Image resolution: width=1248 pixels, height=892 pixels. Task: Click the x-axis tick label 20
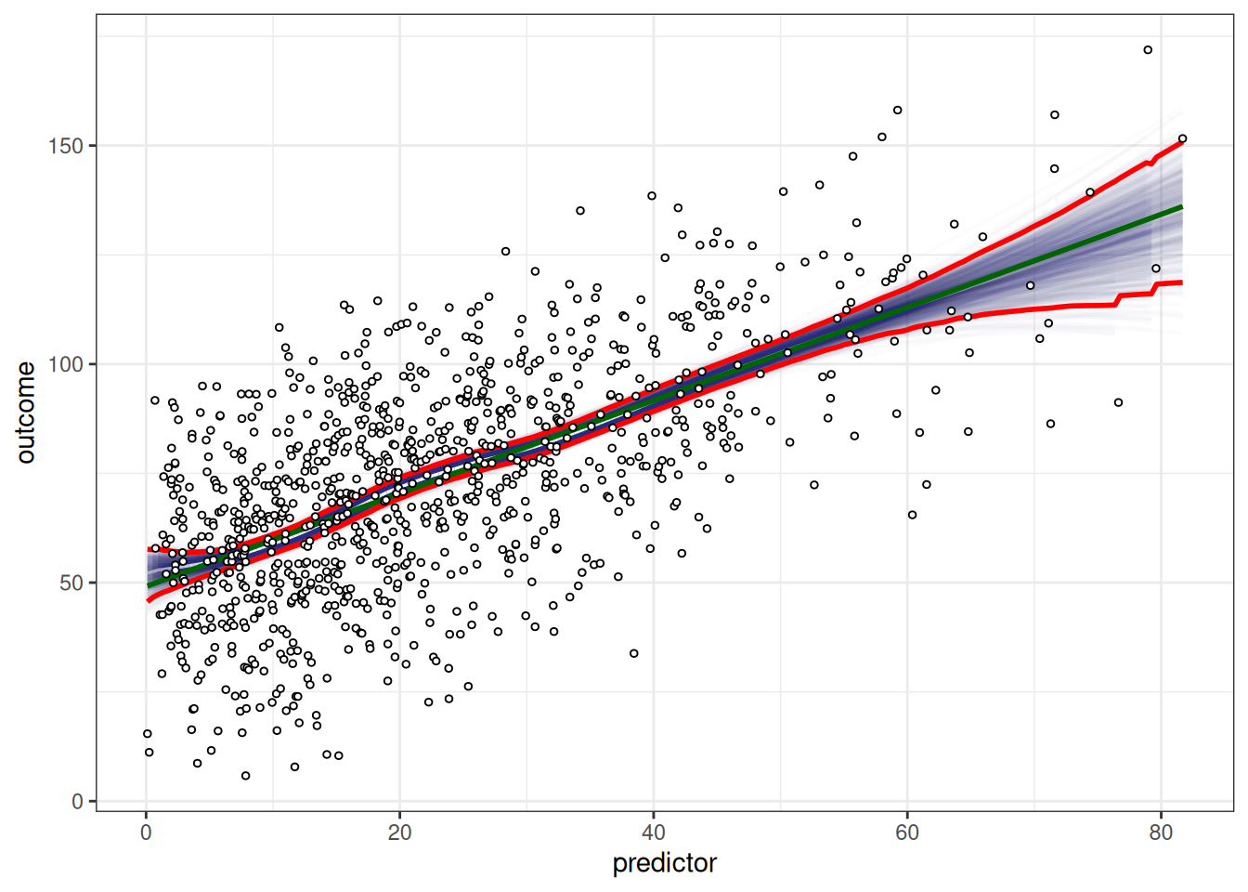pos(399,833)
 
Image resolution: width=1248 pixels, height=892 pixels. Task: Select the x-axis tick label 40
pos(653,833)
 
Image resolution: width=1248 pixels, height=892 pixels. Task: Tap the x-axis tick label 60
pos(906,833)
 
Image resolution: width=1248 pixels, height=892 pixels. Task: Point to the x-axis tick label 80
pos(1160,833)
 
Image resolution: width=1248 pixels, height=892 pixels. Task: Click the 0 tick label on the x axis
pos(146,833)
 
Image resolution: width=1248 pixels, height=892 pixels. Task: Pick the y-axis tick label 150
pos(66,146)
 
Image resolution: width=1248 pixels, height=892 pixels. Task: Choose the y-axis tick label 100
pos(66,364)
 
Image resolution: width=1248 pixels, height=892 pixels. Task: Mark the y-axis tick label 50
pos(71,583)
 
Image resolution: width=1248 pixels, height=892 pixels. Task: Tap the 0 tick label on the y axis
pos(78,801)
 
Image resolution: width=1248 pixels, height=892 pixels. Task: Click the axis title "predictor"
pos(664,863)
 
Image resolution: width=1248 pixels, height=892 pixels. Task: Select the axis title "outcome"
pos(26,413)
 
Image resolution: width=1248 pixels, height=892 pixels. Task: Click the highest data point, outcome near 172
pos(1148,50)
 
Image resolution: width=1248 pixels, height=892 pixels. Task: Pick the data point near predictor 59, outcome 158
pos(897,111)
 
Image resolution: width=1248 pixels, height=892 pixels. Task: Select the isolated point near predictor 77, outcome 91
pos(1118,402)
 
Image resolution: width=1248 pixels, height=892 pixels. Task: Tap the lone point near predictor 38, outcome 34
pos(634,653)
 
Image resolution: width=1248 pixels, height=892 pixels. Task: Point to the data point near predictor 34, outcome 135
pos(580,211)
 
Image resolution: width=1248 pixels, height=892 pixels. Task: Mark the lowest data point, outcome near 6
pos(245,775)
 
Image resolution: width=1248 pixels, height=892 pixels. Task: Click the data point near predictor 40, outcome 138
pos(652,196)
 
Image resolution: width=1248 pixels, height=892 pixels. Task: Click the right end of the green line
pos(1181,206)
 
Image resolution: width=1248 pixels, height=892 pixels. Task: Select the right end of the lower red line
pos(1181,282)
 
